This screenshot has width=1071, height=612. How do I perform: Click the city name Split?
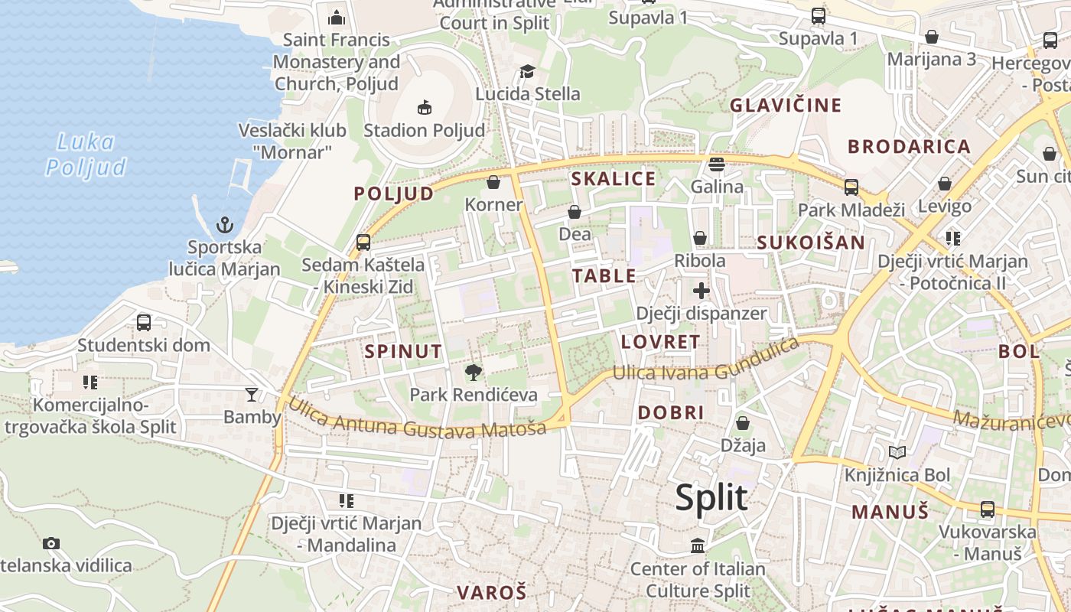tap(711, 497)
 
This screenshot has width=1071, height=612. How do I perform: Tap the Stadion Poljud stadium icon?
tap(425, 107)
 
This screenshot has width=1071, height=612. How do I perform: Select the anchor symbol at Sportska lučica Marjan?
tap(224, 224)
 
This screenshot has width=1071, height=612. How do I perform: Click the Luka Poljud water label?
tap(85, 155)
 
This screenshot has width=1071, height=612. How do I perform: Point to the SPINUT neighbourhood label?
tap(403, 351)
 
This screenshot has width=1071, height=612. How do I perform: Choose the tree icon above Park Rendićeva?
tap(474, 373)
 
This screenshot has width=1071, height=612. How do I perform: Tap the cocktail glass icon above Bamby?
tap(252, 395)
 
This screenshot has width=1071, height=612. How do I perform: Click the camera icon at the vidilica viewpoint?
tap(51, 543)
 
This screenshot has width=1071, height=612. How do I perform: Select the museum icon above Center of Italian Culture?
tap(698, 546)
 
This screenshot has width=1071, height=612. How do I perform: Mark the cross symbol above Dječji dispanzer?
tap(702, 291)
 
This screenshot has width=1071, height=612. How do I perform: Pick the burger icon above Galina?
tap(717, 164)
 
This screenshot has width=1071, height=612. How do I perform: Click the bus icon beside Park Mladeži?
tap(851, 187)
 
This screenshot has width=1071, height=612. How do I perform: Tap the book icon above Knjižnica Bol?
tap(897, 453)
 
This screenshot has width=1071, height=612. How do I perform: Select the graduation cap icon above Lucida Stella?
tap(527, 72)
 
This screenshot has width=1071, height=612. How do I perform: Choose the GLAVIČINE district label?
tap(786, 105)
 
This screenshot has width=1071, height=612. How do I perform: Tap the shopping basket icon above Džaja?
tap(742, 423)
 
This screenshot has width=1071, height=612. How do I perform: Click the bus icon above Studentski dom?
tap(144, 323)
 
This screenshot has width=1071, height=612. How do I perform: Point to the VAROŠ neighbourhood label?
tap(492, 592)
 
